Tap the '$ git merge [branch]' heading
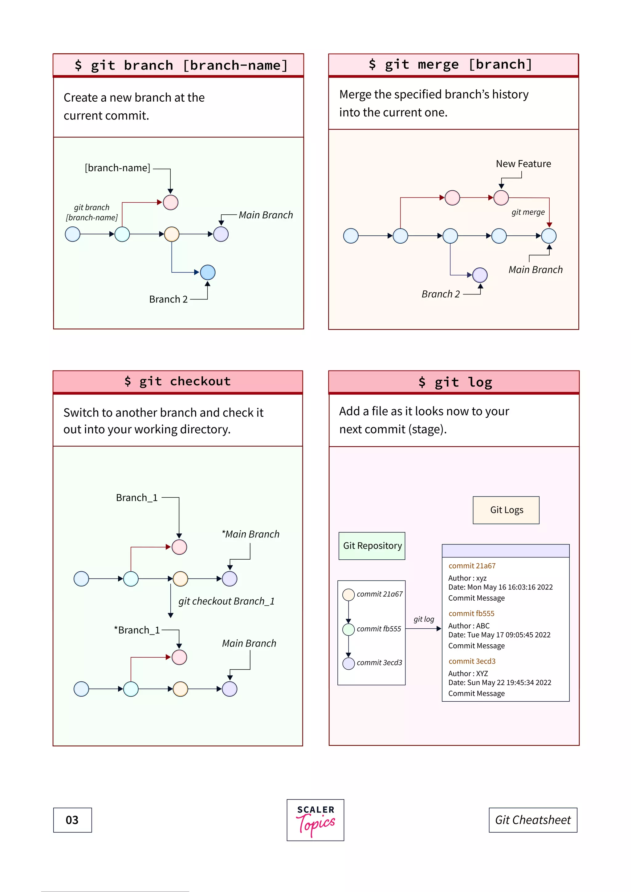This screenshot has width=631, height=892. point(451,64)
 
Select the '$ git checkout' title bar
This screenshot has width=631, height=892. point(177,382)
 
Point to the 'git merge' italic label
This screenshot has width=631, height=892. point(528,212)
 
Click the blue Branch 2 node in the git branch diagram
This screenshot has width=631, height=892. point(207,272)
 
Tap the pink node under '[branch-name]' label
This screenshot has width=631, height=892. point(171,202)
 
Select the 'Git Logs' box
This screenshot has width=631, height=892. point(506,510)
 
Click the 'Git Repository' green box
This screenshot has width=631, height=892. point(372,546)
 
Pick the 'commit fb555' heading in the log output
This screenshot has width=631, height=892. point(471,614)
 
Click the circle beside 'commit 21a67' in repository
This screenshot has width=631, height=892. point(348,594)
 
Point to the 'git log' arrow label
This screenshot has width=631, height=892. point(424,619)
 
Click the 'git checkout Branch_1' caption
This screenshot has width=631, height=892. point(226,602)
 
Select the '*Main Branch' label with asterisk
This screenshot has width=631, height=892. point(250,534)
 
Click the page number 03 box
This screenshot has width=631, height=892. point(72,820)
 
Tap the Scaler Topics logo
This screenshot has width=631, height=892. point(315,820)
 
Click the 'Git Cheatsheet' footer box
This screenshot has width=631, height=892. point(532,820)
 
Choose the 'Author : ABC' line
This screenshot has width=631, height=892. point(469,626)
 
